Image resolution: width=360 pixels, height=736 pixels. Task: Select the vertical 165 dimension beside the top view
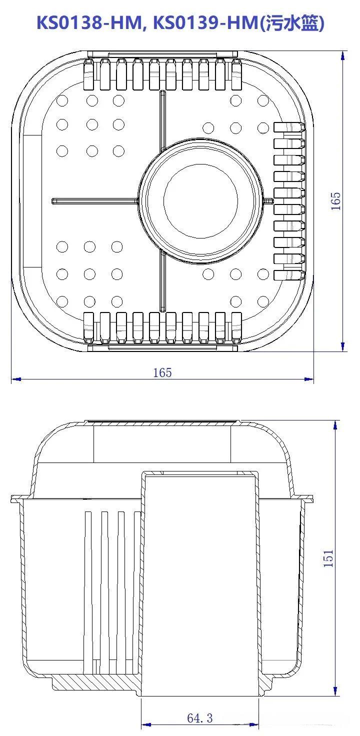(x=335, y=201)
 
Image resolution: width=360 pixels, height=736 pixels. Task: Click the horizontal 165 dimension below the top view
(x=162, y=372)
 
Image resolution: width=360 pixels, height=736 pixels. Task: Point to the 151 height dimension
(x=328, y=558)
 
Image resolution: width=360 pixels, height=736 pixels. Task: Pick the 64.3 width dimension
(x=199, y=718)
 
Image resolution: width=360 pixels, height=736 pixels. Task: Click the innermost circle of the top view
(x=200, y=201)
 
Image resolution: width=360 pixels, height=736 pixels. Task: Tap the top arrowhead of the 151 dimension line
(x=335, y=425)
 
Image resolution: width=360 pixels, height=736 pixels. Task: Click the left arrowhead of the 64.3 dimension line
(x=146, y=724)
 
